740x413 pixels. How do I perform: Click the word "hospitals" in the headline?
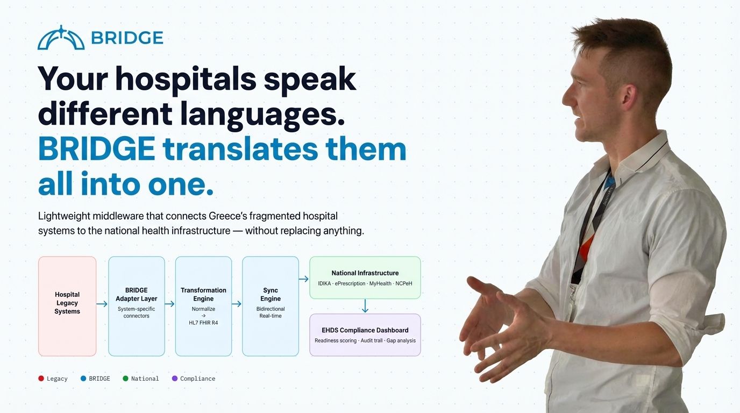pos(186,79)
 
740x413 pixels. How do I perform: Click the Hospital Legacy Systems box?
pos(67,306)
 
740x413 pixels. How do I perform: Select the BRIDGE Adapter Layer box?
pos(137,306)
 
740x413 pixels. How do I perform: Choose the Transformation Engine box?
pos(203,306)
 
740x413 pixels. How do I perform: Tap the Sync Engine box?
pos(271,306)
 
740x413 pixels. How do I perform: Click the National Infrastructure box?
pos(365,277)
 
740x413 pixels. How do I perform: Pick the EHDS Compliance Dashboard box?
pos(365,334)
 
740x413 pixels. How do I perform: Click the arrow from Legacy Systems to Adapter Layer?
pos(102,304)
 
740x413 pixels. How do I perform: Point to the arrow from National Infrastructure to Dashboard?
pos(365,306)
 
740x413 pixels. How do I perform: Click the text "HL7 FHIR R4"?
pos(203,323)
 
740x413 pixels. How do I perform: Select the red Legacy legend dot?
pos(41,379)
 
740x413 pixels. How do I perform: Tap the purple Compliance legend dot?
pos(174,379)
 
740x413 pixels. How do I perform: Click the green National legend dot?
pos(125,379)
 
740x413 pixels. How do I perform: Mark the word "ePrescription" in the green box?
pos(351,283)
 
